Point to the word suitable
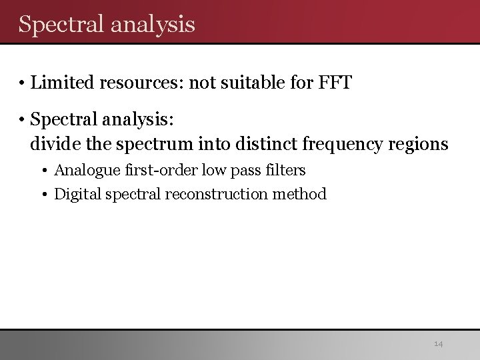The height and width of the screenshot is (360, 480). (x=251, y=83)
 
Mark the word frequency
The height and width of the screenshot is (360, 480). (x=340, y=144)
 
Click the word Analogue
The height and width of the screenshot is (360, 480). (x=86, y=171)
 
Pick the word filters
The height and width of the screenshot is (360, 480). (x=282, y=170)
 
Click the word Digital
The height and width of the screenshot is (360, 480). (x=75, y=195)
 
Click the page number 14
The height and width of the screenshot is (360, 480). (x=438, y=344)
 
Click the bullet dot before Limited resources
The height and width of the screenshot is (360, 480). (x=22, y=84)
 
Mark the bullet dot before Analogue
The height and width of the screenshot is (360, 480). (x=44, y=171)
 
